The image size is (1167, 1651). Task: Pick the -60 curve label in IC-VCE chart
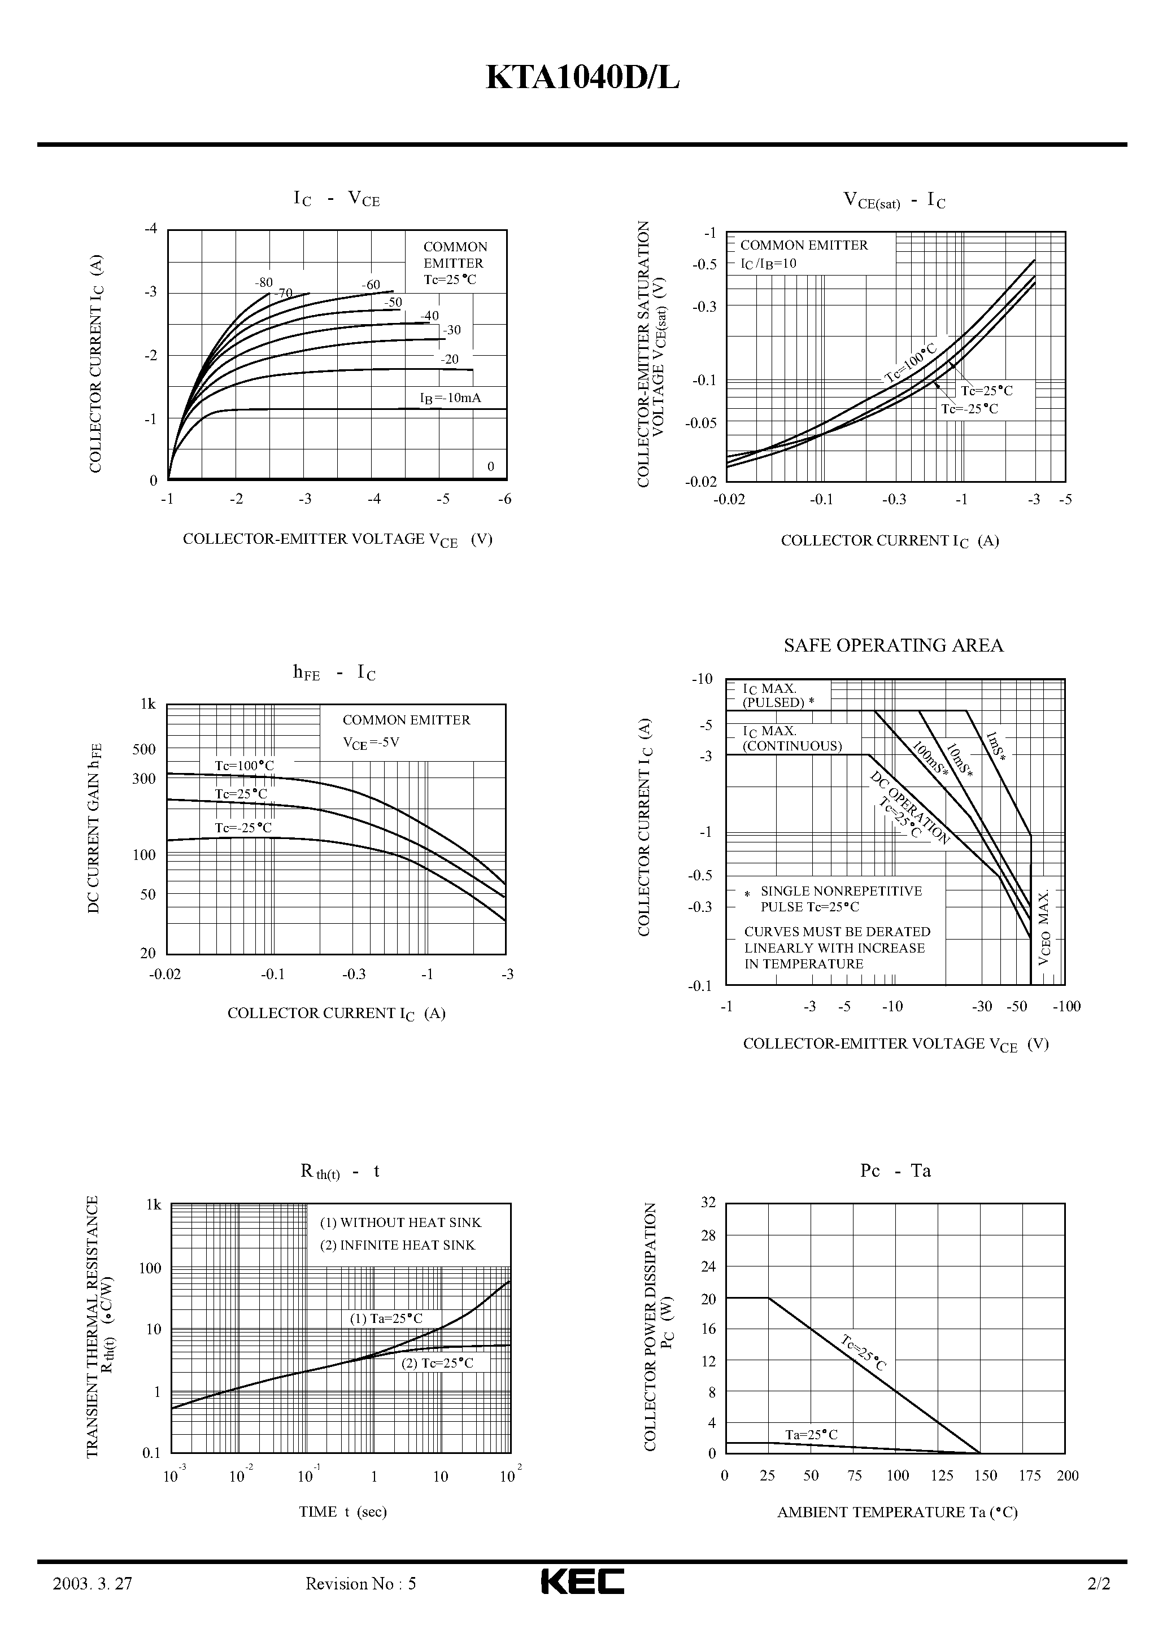[x=371, y=285]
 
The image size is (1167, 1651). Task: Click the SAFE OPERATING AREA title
[x=893, y=645]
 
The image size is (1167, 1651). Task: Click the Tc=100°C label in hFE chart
[x=244, y=766]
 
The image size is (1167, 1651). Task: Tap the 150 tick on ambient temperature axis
[x=985, y=1475]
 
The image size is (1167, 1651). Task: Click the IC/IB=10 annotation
[x=768, y=263]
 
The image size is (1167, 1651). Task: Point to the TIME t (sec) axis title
[x=342, y=1512]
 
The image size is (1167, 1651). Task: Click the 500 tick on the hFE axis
[x=144, y=749]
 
